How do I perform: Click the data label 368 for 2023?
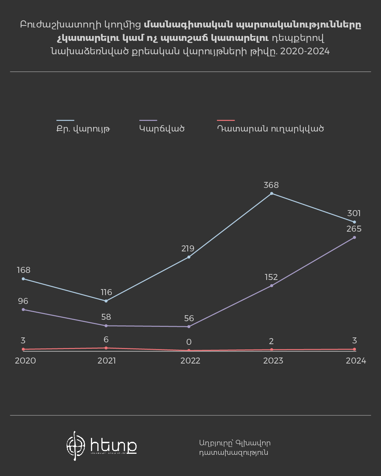(271, 185)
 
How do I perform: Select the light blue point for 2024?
(354, 222)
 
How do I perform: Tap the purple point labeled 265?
(354, 238)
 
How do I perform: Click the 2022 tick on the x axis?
(190, 361)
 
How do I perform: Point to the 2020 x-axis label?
(25, 361)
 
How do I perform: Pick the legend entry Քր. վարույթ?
(83, 129)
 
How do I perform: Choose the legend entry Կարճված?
(162, 129)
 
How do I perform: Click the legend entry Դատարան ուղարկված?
(270, 129)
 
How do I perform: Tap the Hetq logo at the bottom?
(102, 446)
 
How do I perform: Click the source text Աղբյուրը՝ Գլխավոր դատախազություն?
(235, 448)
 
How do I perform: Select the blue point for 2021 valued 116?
(106, 301)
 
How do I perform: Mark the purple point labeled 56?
(189, 327)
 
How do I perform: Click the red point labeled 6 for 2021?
(106, 348)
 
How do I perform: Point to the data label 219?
(188, 249)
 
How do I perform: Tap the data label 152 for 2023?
(271, 277)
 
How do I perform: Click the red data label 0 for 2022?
(189, 342)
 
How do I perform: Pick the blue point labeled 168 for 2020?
(23, 279)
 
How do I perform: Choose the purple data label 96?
(23, 301)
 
